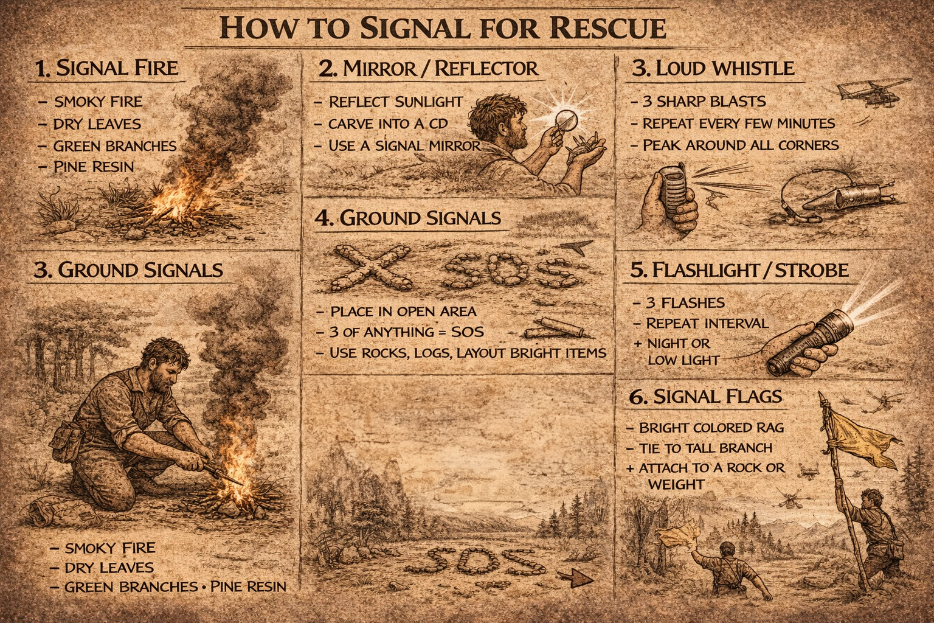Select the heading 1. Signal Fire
(107, 68)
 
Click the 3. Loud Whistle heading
(713, 68)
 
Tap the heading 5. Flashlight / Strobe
(739, 270)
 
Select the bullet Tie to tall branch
(705, 448)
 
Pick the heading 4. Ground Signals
(409, 218)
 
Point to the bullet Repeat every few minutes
(738, 124)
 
